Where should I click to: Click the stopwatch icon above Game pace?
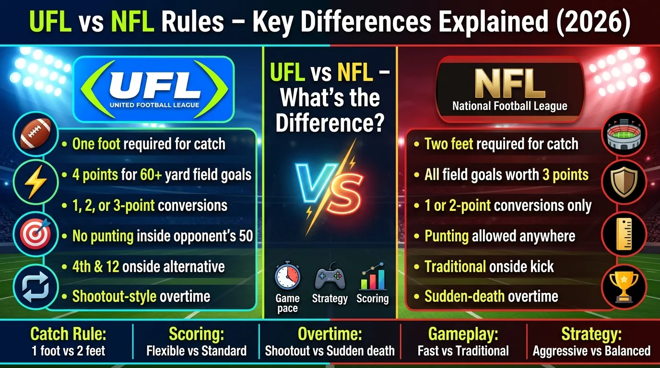[x=287, y=277]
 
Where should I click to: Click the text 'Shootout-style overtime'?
[x=141, y=296]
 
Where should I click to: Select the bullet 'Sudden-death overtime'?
[x=491, y=296]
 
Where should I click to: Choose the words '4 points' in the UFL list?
[x=94, y=174]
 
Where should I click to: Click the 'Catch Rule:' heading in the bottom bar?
[x=68, y=334]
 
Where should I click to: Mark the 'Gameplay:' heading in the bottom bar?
[x=463, y=334]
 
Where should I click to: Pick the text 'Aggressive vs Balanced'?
[x=591, y=351]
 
